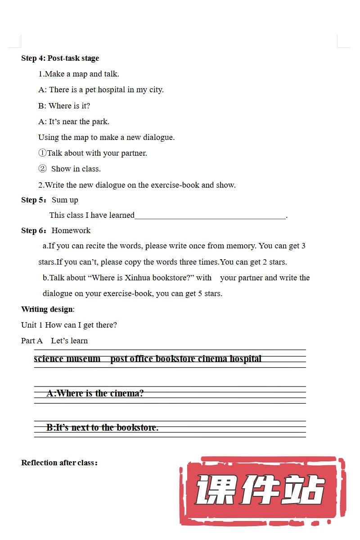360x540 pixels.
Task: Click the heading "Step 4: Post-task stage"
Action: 60,58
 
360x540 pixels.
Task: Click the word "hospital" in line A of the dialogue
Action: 111,90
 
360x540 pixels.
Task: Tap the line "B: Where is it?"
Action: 64,106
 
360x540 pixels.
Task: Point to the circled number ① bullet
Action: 42,153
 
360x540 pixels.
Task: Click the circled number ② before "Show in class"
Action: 42,169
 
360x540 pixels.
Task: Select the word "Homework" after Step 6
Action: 71,230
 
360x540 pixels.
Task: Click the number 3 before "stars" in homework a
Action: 303,246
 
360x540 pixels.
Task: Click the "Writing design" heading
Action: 47,309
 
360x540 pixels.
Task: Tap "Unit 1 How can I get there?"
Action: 69,325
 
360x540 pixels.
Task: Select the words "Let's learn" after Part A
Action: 69,341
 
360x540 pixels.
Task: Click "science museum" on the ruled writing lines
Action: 67,359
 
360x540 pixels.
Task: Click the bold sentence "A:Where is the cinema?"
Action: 95,393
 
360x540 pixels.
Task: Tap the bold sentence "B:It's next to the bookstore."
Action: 102,427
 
